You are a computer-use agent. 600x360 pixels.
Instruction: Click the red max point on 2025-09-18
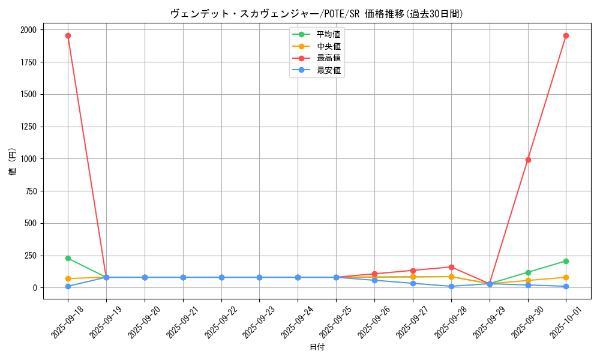[68, 35]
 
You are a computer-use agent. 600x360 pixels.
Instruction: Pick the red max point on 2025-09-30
[528, 160]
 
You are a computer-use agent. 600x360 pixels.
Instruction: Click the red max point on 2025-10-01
[566, 35]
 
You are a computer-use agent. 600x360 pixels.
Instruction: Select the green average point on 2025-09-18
[68, 258]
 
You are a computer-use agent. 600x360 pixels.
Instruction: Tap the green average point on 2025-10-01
[566, 261]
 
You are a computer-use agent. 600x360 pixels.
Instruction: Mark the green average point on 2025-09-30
[528, 272]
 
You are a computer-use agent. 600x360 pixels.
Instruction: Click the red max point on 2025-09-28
[451, 267]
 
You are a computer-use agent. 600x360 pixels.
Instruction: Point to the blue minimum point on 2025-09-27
[413, 283]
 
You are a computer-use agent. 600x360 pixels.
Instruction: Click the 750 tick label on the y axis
[30, 191]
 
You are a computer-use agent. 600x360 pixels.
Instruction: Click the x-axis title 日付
[317, 347]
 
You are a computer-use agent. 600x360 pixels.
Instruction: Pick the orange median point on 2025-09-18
[68, 279]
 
